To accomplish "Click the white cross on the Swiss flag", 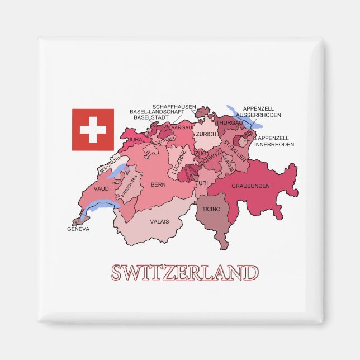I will point(93,130).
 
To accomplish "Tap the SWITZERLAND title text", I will point(184,273).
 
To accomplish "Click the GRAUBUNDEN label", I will point(250,186).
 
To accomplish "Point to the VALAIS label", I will point(159,221).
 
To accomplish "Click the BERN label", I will point(158,184).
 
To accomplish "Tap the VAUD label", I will point(101,189).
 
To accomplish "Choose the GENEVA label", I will point(78,229).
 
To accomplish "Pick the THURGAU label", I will point(230,122).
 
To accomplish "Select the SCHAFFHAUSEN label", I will point(174,106).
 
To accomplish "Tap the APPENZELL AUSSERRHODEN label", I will point(262,112).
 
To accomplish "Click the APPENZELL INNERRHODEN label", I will point(274,141).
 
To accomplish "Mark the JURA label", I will point(135,139).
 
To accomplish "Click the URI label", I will point(203,183).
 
